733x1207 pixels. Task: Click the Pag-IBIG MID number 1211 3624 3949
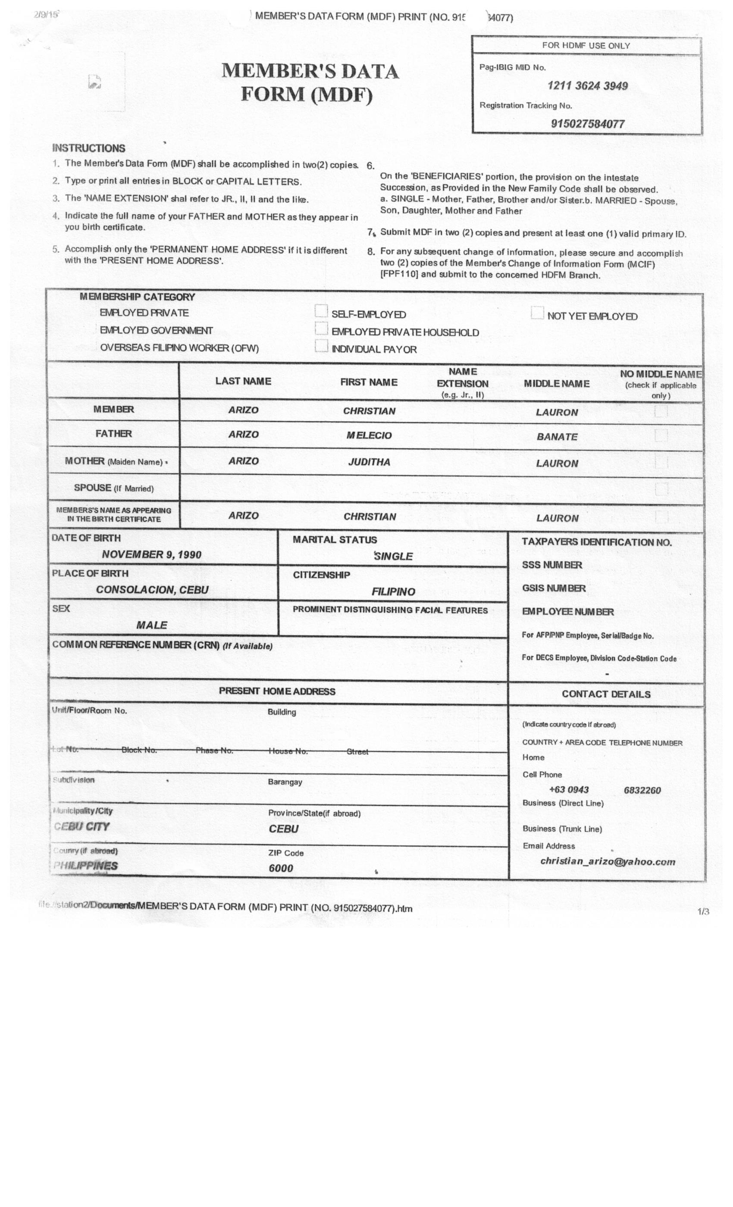pos(587,86)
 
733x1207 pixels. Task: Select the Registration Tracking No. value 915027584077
pos(587,124)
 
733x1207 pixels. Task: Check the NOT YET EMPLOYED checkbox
pos(537,313)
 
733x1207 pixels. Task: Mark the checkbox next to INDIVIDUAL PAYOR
pos(321,346)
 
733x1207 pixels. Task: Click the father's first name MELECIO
pos(369,435)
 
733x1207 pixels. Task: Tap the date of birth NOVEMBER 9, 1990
pos(151,554)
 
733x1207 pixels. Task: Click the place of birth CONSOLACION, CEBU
pos(152,590)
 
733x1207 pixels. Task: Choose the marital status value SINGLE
pos(393,557)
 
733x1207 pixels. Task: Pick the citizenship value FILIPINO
pos(393,592)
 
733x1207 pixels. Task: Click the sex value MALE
pos(151,625)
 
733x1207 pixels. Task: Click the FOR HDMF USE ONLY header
pos(586,46)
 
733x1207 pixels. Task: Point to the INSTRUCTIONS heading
pos(89,148)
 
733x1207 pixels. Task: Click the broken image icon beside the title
pos(94,82)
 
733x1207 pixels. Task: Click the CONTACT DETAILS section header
pos(606,694)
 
